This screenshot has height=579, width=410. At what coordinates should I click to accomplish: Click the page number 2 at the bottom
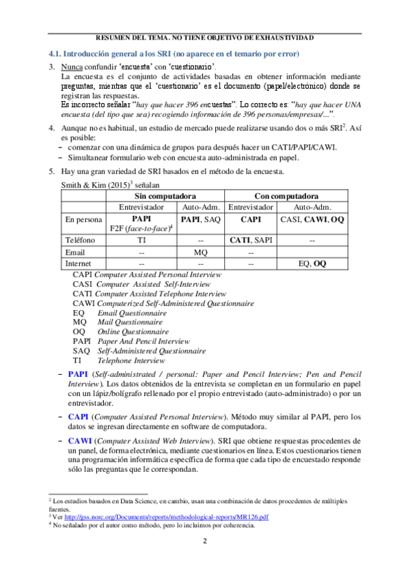pos(205,541)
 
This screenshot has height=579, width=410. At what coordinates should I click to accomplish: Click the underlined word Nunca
pos(71,67)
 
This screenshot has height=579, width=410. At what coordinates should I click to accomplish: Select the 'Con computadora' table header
pos(274,197)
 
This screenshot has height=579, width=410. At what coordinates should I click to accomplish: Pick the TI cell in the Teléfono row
pos(141,240)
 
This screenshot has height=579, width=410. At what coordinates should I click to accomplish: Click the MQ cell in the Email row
pos(201,251)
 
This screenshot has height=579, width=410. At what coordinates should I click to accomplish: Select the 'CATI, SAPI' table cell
pos(250,240)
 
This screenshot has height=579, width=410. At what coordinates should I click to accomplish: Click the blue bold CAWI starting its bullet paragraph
pos(79,436)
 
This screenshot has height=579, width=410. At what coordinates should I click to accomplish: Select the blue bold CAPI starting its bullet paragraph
pos(78,416)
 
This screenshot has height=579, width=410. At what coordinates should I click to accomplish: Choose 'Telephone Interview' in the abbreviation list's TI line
pos(131,360)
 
